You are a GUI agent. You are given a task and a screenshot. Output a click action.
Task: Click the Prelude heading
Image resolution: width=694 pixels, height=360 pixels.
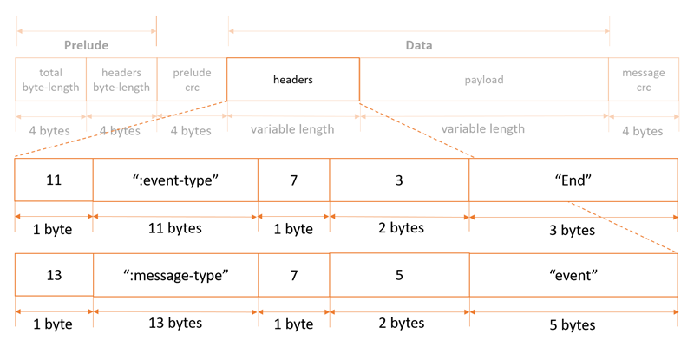click(86, 45)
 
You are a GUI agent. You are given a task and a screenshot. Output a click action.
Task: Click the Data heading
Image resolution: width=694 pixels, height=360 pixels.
click(419, 45)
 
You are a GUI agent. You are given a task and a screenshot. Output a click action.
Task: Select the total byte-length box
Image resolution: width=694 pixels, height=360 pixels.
click(50, 80)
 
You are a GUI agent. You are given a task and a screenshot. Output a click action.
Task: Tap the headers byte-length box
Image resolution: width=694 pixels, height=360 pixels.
click(121, 80)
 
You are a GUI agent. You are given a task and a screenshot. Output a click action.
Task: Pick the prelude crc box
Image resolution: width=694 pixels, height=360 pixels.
click(192, 80)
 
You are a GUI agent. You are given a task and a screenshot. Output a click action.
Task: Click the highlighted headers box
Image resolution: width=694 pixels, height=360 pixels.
click(293, 80)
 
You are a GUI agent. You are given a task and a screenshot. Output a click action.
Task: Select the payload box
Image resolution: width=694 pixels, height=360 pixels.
click(483, 80)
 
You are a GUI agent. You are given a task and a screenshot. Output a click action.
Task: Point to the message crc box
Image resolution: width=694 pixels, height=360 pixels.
click(643, 80)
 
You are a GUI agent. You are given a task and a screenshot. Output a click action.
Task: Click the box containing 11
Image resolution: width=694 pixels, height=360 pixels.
click(54, 180)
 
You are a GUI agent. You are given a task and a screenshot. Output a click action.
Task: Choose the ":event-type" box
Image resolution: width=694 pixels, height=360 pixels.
click(175, 180)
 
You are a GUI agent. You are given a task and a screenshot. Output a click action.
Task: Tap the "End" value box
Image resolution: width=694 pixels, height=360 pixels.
click(573, 180)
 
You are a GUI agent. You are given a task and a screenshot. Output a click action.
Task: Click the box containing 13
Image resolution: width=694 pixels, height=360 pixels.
click(54, 275)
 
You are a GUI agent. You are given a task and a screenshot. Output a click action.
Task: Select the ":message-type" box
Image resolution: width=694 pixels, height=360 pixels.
click(175, 275)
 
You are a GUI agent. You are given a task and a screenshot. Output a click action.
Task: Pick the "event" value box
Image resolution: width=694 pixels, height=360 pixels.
click(573, 275)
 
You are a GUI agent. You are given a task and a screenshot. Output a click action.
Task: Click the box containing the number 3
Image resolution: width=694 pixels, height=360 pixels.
click(399, 180)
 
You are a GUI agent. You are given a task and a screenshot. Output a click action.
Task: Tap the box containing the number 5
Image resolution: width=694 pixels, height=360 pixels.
click(399, 275)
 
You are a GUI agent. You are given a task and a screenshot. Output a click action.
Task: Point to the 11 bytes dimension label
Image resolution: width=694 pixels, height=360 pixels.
click(175, 229)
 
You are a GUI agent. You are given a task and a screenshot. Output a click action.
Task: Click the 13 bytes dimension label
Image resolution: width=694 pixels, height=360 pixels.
click(175, 323)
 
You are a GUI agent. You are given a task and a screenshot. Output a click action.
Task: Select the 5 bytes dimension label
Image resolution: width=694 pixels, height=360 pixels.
click(573, 325)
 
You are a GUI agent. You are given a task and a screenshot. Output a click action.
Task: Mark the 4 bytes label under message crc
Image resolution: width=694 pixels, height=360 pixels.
click(643, 131)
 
